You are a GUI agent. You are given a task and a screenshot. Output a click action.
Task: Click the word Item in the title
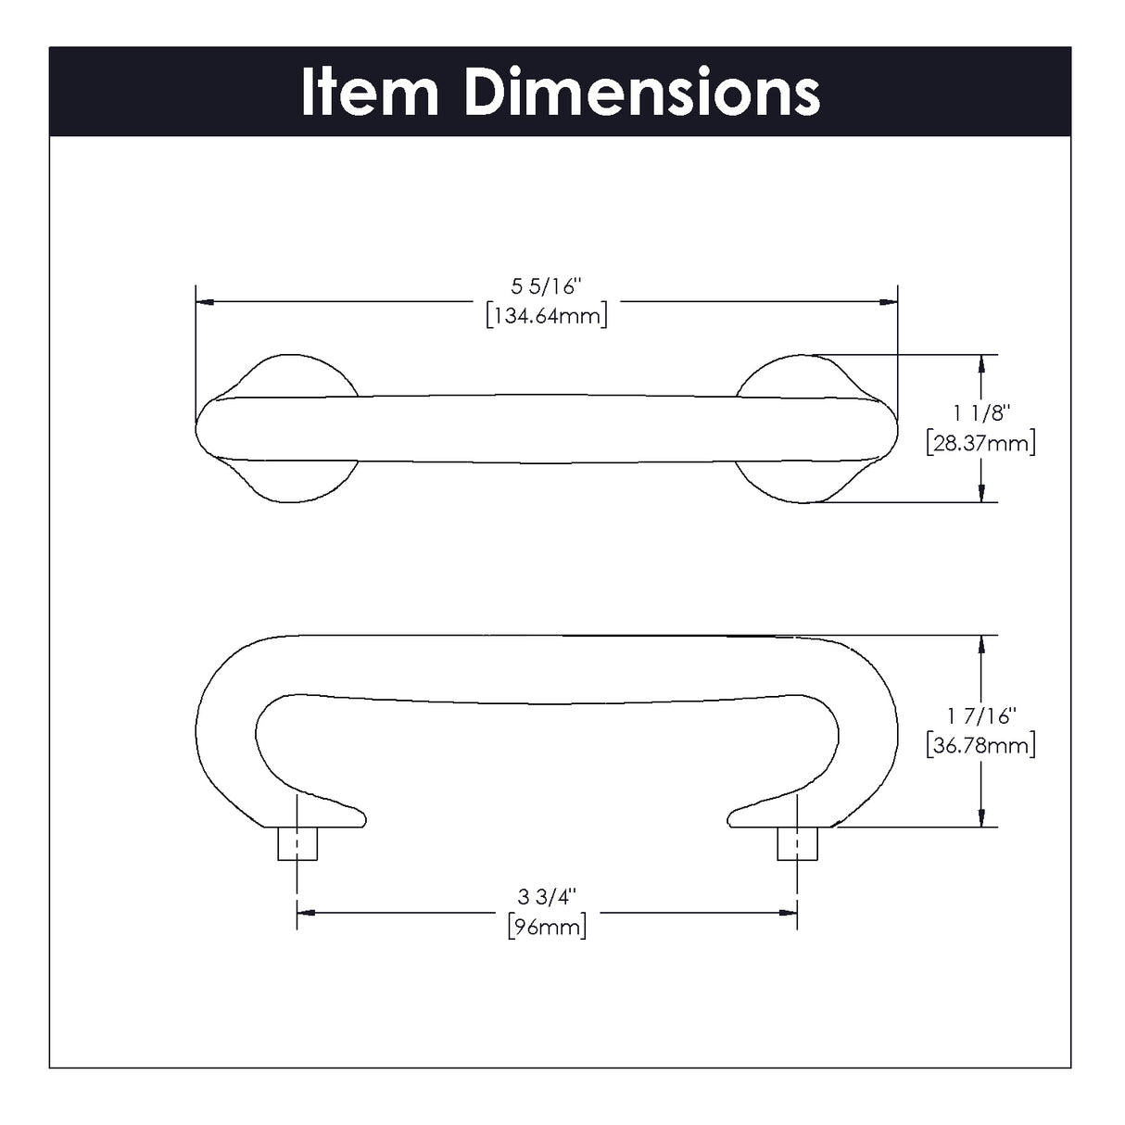[x=370, y=94]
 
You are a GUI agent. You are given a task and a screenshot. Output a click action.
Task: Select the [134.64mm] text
[x=547, y=316]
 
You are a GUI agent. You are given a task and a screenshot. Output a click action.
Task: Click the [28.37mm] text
[x=980, y=443]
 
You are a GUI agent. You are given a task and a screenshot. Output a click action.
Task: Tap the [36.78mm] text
[x=980, y=745]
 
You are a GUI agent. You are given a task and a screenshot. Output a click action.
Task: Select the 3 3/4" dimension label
[x=547, y=896]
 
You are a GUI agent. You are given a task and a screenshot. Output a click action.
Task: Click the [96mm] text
[x=547, y=926]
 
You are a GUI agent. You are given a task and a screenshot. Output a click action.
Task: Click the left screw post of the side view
[x=297, y=843]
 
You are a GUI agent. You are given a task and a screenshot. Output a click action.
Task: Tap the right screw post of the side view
[x=797, y=843]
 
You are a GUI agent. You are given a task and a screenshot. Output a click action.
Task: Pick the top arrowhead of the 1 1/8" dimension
[x=980, y=363]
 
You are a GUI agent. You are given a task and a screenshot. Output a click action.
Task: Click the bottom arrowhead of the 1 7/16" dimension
[x=980, y=817]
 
